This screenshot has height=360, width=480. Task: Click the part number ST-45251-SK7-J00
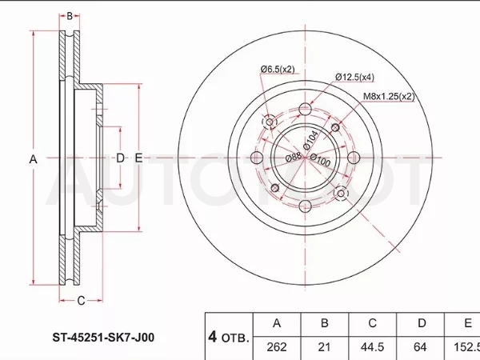(x=103, y=338)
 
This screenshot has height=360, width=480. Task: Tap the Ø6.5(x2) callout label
(x=278, y=69)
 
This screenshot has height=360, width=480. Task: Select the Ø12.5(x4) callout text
(x=354, y=77)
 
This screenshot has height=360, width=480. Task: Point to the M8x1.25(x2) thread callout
(x=389, y=97)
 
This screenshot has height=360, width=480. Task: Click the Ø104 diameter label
(x=311, y=140)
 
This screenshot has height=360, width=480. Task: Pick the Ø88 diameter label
(x=294, y=157)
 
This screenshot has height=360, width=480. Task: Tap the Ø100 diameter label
(x=320, y=160)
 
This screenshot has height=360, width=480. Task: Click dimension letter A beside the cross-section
(x=33, y=159)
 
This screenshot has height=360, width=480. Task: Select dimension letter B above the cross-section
(x=70, y=16)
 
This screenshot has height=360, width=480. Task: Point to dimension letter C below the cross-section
(x=81, y=301)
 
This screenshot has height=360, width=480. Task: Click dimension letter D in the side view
(x=120, y=158)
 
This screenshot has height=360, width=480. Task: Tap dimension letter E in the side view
(x=138, y=158)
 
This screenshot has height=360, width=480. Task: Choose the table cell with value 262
(x=277, y=348)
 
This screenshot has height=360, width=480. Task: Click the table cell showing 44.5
(x=373, y=348)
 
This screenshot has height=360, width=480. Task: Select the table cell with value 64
(x=420, y=348)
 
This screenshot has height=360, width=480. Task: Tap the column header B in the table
(x=325, y=323)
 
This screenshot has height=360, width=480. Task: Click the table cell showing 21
(x=325, y=348)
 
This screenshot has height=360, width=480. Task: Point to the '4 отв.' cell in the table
(x=229, y=337)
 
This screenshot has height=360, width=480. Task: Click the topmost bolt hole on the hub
(x=306, y=109)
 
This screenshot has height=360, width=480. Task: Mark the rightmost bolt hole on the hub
(x=354, y=158)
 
